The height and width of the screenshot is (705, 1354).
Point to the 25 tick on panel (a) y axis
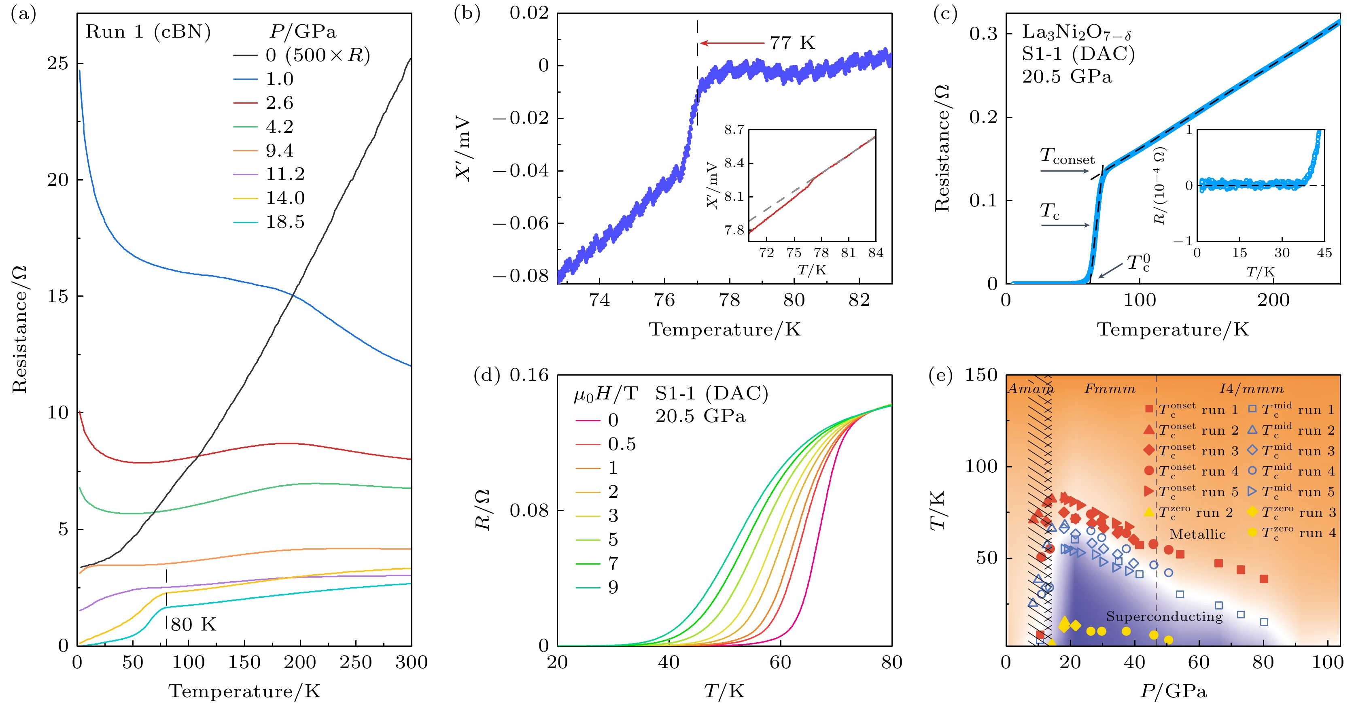pos(58,64)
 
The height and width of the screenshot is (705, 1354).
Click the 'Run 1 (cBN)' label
pos(148,32)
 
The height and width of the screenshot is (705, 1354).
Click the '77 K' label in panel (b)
pos(793,43)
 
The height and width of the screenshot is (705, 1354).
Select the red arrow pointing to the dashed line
pos(732,43)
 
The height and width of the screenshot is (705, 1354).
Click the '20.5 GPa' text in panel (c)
pos(1067,77)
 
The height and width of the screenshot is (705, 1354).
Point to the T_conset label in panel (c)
pos(1067,156)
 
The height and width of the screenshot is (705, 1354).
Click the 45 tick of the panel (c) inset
pos(1324,253)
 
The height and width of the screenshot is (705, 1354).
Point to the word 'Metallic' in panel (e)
pos(1197,535)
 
